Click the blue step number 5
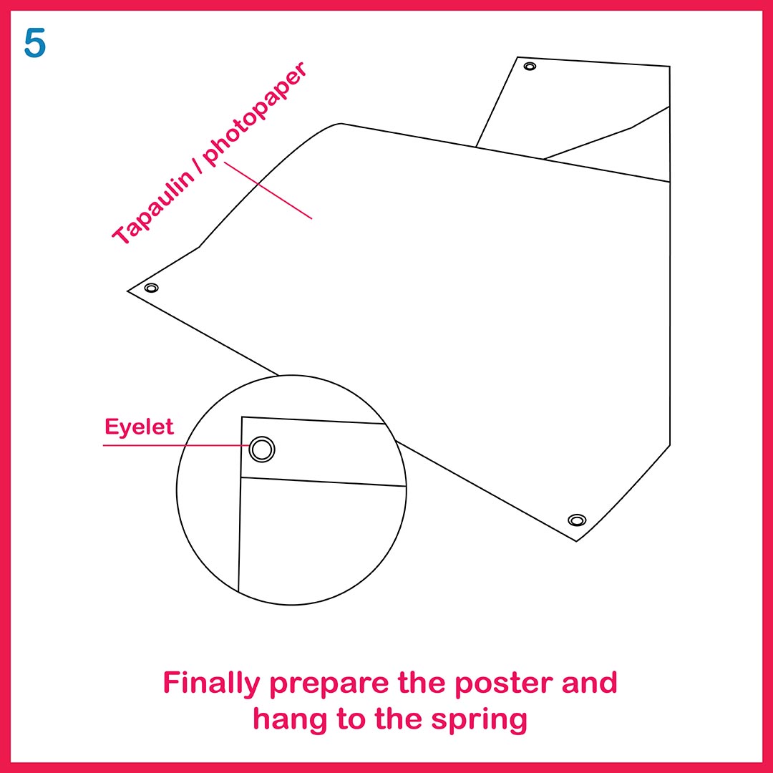[34, 43]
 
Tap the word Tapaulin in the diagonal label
[153, 207]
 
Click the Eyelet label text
[139, 427]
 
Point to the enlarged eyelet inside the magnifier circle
[262, 449]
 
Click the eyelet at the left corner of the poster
[151, 288]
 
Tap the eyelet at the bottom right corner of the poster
[577, 520]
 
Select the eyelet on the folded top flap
[530, 66]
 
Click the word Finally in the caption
[211, 684]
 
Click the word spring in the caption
[479, 721]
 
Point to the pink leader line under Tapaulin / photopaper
[268, 190]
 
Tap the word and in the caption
[590, 682]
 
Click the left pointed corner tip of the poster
[127, 291]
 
